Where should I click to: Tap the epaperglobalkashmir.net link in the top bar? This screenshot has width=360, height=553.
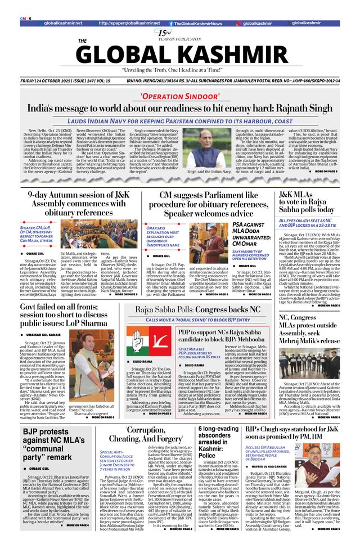tap(127, 23)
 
